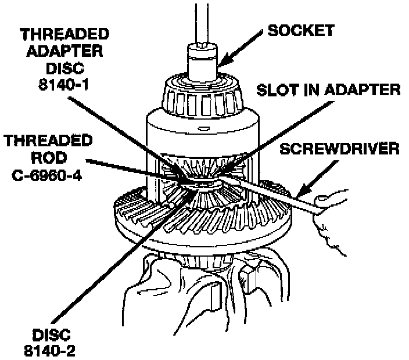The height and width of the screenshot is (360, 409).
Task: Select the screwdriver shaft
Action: tap(273, 191)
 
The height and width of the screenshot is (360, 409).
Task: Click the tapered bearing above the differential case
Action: tap(202, 96)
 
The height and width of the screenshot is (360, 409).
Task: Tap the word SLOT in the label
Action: tap(271, 89)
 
